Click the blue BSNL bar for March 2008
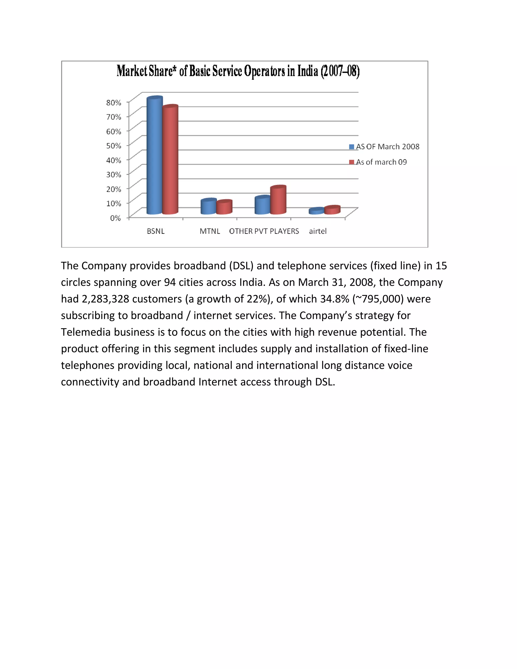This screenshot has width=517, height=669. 154,156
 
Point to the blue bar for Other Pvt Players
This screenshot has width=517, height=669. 263,205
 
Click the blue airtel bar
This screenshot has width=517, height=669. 316,211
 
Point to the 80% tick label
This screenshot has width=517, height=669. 114,102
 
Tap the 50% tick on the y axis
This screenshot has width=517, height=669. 114,146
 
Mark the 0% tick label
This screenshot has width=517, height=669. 115,218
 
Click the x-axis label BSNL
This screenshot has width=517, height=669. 156,231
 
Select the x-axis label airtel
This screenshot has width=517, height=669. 318,231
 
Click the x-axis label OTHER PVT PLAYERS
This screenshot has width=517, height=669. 264,231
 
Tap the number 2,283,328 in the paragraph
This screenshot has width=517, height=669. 105,299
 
